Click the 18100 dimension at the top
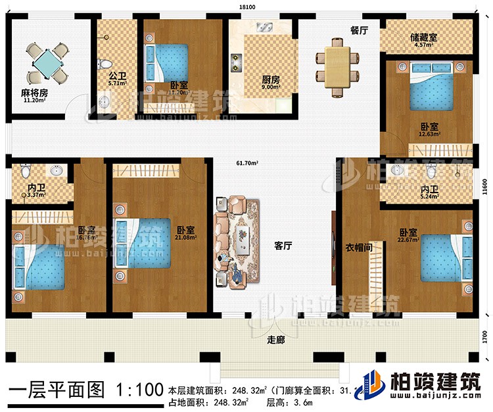click(246, 7)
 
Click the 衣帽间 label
click(359, 248)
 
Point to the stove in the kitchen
click(235, 62)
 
